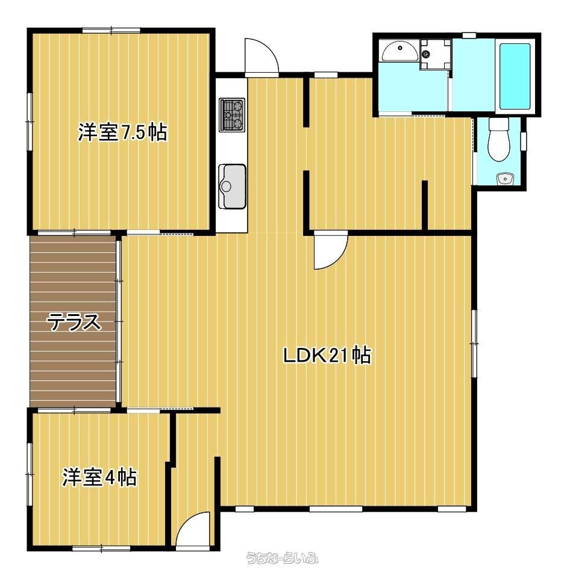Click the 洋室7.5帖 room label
[122, 132]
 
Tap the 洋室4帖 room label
[99, 477]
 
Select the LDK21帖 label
[327, 355]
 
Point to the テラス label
[74, 321]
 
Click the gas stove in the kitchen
[232, 115]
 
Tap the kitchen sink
[233, 186]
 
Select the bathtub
[515, 76]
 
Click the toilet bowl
[498, 139]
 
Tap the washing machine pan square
[436, 54]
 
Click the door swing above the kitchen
[262, 57]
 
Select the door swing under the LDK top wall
[331, 250]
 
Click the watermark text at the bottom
[283, 557]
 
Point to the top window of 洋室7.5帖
[111, 30]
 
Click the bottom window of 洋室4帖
[101, 548]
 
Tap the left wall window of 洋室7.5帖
[30, 122]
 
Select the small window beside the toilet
[524, 141]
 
